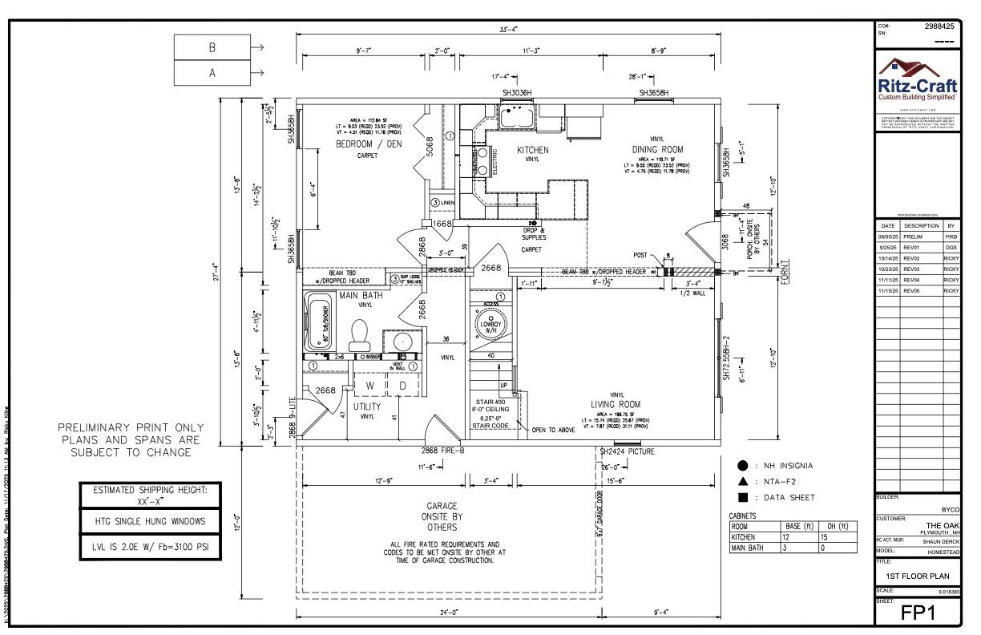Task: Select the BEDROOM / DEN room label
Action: tap(369, 144)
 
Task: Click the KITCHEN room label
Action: tap(532, 150)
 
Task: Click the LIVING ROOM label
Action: tap(618, 404)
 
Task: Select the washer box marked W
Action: tap(369, 386)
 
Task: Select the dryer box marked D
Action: tap(403, 386)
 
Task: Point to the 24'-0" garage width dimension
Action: tap(449, 612)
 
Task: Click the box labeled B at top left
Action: tap(212, 47)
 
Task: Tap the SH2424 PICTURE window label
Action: tap(628, 451)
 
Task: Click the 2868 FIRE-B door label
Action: tap(443, 451)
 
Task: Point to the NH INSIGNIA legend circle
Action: tap(742, 466)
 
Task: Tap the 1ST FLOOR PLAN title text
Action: tap(918, 576)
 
